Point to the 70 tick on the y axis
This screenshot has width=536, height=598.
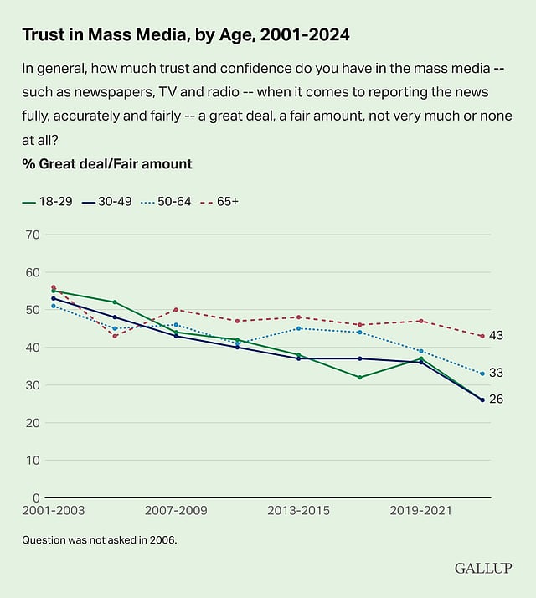pos(33,235)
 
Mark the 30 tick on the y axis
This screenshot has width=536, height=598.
pos(33,385)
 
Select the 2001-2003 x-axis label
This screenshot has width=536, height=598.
pos(54,510)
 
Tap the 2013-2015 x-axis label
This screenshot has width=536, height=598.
pos(300,510)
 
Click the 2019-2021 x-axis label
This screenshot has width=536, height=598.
pos(424,510)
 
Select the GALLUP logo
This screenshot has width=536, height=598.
pos(483,568)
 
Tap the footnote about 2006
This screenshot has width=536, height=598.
pos(100,540)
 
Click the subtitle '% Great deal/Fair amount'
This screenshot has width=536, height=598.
pos(107,164)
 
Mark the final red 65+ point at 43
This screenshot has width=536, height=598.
pos(482,336)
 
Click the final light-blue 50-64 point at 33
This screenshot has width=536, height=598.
pos(482,374)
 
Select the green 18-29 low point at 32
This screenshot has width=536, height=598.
pos(359,378)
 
